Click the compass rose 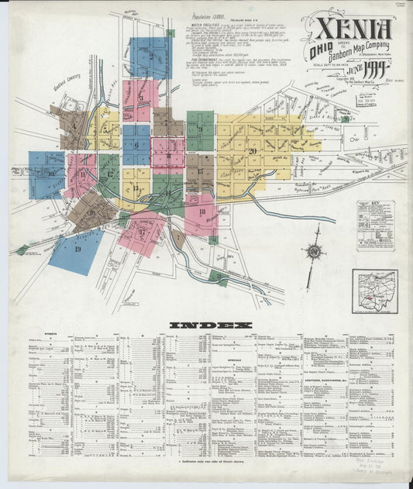(313, 251)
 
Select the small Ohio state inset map (373, 290)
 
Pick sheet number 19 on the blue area (77, 250)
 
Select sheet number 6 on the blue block (136, 145)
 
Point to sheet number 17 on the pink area (142, 230)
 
